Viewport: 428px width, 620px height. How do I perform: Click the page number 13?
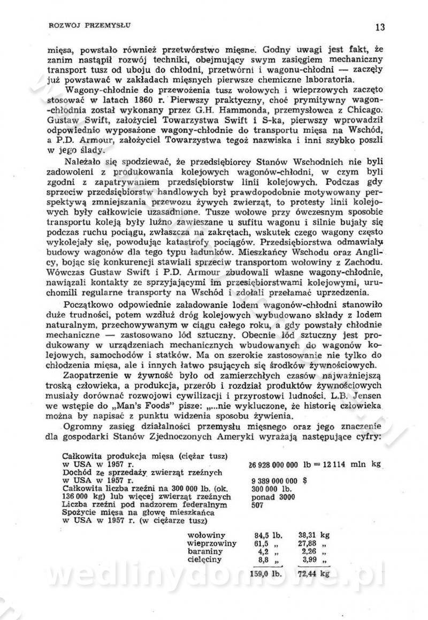[x=380, y=27]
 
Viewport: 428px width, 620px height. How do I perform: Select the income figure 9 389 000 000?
[x=274, y=481]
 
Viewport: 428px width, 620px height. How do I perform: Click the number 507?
[x=257, y=504]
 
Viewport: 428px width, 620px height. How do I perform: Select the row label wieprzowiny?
[x=212, y=543]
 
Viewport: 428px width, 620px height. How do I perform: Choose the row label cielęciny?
[x=207, y=559]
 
